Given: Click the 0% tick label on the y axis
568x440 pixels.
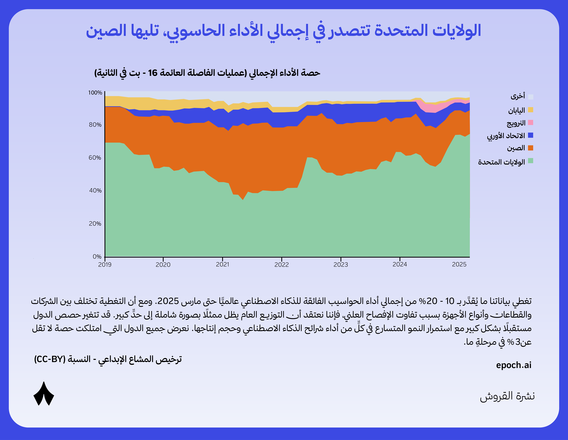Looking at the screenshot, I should click(97, 257).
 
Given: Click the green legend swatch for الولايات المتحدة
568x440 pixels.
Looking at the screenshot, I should click(531, 161).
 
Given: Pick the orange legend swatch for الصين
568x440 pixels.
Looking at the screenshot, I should click(531, 148).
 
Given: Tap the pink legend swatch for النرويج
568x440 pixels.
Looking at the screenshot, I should click(531, 123).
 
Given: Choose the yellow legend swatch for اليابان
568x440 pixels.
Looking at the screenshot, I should click(531, 110).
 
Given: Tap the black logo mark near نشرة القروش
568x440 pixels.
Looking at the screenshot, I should click(44, 394).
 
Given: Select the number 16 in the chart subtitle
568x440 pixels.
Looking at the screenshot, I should click(153, 73).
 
